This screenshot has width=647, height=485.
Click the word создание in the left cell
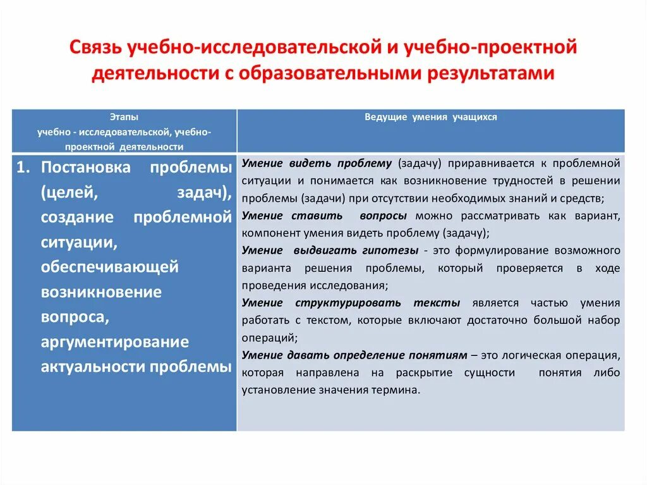[x=77, y=218]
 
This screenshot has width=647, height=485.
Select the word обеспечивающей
[x=110, y=267]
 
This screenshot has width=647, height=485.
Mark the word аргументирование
[x=115, y=342]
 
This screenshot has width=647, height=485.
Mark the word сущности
[x=490, y=372]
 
